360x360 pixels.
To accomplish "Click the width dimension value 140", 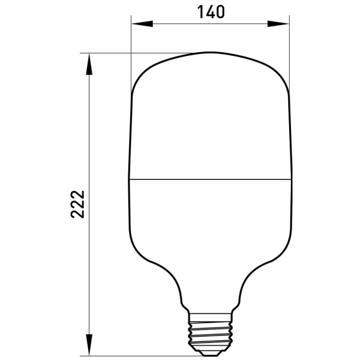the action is coord(211,12).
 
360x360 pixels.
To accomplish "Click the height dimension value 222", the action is coord(77,204).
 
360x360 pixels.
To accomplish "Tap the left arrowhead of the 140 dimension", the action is coord(142,23).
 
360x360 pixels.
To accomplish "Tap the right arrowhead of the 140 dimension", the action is coord(278,23).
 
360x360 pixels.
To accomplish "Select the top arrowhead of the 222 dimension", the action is coord(89,64).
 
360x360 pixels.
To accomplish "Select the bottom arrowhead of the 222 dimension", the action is coord(89,345).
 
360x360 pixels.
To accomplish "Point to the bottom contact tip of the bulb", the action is coord(210,353).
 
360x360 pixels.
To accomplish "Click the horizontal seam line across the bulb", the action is coord(210,179).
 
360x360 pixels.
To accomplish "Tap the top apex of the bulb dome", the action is coord(210,53).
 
